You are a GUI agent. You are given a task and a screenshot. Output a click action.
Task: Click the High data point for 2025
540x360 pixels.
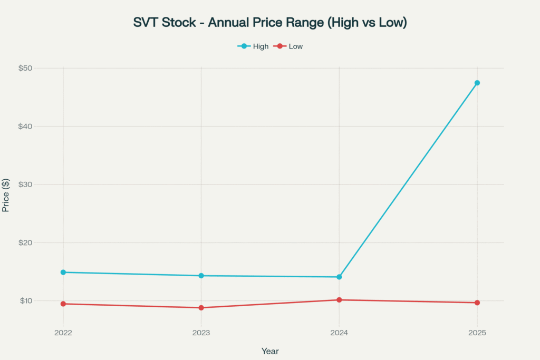point(477,83)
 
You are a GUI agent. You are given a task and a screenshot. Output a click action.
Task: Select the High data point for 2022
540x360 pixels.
point(63,273)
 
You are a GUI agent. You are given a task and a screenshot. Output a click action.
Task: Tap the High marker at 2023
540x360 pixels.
point(201,276)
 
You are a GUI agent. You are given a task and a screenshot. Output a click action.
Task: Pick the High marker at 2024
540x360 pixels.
point(339,277)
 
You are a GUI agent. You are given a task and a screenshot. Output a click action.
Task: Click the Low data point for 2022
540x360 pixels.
point(63,304)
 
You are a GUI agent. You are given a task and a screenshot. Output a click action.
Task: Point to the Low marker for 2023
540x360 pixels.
point(201,308)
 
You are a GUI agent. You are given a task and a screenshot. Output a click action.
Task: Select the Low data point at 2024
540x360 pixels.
point(339,300)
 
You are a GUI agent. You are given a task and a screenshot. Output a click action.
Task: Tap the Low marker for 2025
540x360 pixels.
point(477,303)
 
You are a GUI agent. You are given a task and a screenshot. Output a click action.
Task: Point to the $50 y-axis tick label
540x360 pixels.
point(26,68)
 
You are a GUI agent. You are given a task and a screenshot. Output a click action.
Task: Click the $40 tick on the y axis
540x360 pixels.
point(26,127)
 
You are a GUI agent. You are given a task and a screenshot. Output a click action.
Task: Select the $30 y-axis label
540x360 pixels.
point(26,184)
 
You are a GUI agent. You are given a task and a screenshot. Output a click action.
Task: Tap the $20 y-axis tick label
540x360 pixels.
point(26,242)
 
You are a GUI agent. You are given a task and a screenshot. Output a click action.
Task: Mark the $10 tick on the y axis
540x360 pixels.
point(26,300)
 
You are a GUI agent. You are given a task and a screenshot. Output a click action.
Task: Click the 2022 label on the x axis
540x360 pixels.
point(63,333)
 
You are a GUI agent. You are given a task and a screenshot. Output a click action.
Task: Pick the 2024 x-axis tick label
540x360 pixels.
point(339,333)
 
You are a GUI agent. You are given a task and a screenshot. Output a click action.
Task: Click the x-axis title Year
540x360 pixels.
point(270,351)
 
